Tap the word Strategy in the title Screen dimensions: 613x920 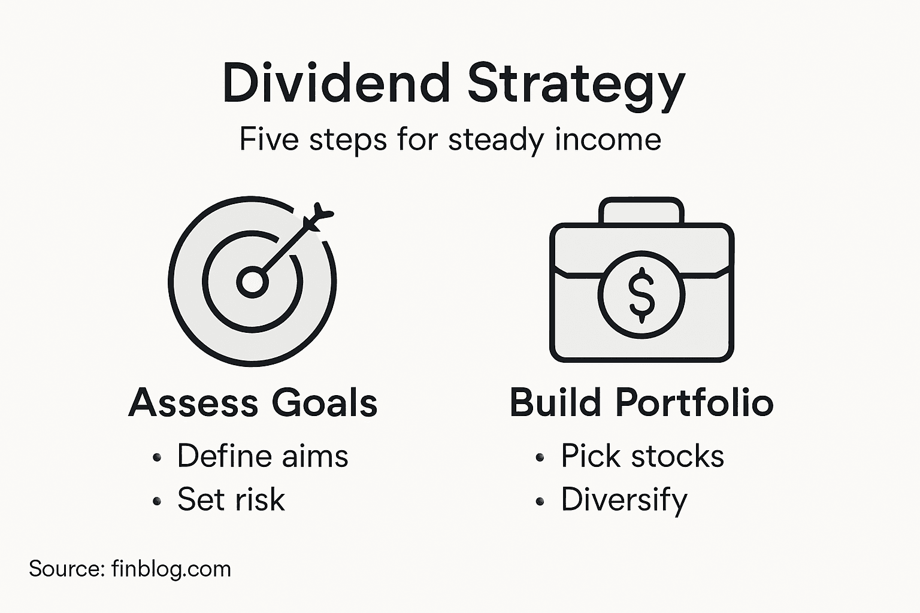point(576,84)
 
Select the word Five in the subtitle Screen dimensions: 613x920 point(269,139)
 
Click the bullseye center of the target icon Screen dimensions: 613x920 point(252,282)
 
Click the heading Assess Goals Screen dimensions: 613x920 point(253,402)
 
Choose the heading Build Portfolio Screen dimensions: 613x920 point(641,402)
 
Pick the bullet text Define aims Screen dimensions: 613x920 point(262,456)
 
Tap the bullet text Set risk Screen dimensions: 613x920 point(231,499)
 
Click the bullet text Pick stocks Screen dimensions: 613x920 point(642,456)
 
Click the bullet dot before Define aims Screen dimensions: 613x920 point(157,458)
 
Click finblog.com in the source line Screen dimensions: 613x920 point(171,569)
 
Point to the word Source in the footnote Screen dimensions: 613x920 point(66,569)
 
